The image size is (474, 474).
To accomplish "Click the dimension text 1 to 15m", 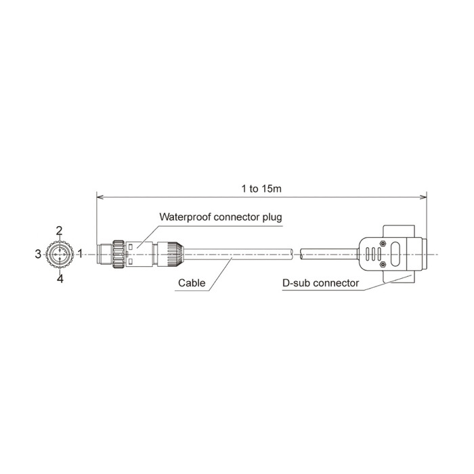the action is (x=261, y=189).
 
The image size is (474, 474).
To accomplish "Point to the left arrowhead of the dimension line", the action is (x=100, y=198).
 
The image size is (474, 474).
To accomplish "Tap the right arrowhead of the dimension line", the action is (x=423, y=198).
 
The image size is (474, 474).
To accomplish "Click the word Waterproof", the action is (x=185, y=217).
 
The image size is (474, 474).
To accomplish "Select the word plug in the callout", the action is (x=272, y=217).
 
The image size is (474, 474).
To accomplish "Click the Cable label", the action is (x=192, y=283).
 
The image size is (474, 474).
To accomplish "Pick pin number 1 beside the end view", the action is (x=80, y=253).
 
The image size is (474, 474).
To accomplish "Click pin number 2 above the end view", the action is (x=60, y=231).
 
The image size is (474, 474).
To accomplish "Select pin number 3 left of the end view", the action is (x=38, y=254).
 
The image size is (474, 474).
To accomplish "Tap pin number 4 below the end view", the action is (x=60, y=279).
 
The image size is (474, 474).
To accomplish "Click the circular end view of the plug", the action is (x=60, y=255).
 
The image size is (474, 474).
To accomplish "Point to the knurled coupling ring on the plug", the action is (x=118, y=254).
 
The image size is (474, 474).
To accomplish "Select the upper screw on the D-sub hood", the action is (x=383, y=243).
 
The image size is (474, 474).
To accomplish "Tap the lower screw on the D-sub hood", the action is (x=383, y=265).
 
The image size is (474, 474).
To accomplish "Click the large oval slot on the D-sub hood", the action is (x=395, y=255).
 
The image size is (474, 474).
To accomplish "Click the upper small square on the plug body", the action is (x=131, y=247).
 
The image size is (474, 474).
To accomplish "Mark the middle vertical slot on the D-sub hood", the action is (x=373, y=255).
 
